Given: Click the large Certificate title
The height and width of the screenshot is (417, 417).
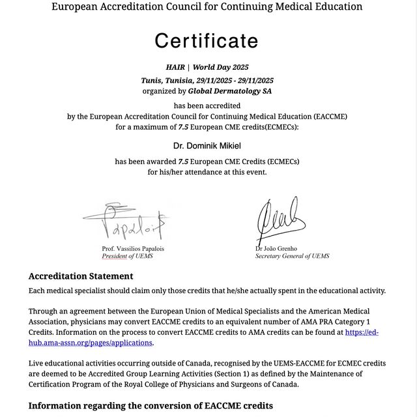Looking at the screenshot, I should pos(207,41).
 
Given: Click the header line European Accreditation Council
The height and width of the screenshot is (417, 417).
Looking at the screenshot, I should pos(207,7).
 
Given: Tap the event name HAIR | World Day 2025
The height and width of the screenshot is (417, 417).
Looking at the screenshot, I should pos(207,67).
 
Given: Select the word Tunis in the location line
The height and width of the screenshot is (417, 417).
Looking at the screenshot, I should pos(152,80).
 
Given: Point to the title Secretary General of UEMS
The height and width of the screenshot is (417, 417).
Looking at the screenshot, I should pos(292,256).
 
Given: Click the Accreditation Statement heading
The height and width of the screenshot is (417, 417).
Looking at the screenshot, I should pos(81,276).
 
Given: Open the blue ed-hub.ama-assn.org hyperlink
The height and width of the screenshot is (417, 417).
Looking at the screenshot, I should pos(362,332).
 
